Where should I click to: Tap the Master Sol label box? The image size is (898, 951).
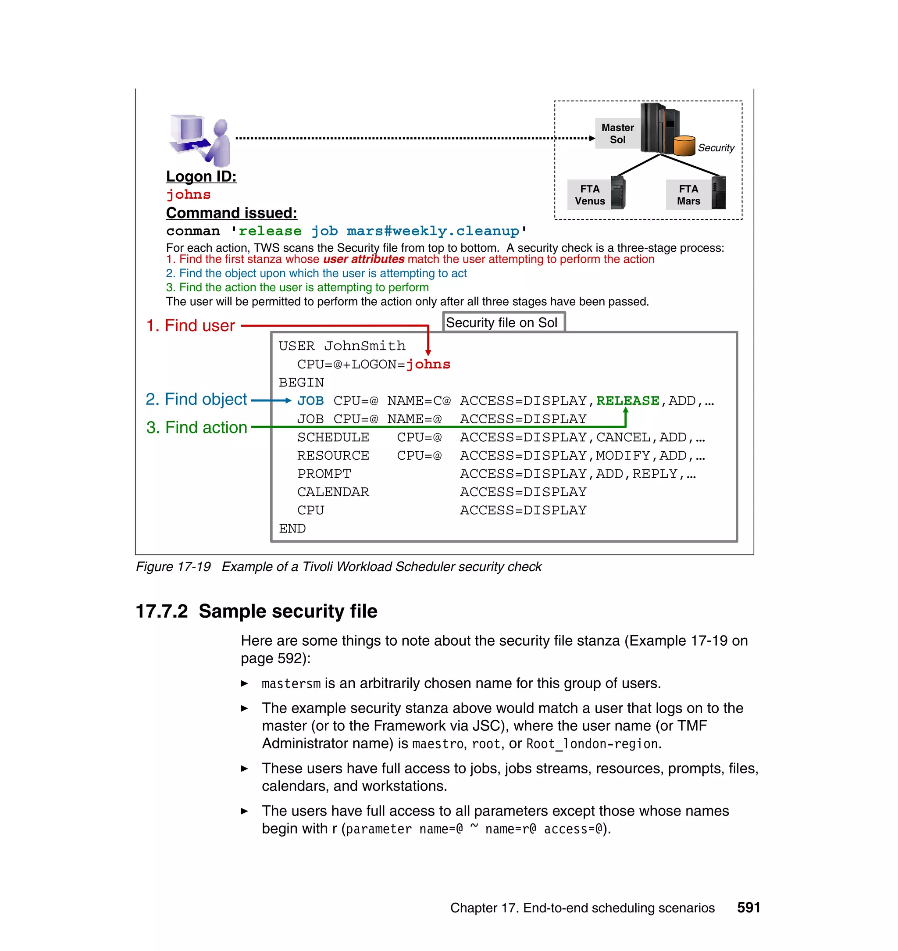(x=617, y=134)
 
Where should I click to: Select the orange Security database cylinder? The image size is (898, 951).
(x=684, y=146)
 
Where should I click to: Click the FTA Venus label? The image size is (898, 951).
(x=589, y=195)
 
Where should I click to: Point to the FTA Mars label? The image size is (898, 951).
(x=688, y=195)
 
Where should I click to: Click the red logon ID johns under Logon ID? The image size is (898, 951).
(x=188, y=194)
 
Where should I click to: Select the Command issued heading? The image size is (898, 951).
(x=231, y=213)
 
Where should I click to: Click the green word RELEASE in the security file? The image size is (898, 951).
(x=627, y=400)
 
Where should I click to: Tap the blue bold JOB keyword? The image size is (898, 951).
(x=310, y=400)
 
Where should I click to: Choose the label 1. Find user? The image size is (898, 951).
(x=190, y=325)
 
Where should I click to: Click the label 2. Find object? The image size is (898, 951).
(x=196, y=399)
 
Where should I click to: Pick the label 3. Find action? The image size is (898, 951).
(x=197, y=427)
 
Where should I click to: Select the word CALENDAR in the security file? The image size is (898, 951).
(x=333, y=492)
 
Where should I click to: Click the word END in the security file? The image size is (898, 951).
(x=292, y=528)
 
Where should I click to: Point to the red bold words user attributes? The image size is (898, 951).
(x=363, y=259)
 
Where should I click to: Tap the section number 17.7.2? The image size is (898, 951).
(x=161, y=611)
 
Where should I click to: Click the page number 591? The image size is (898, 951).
(x=748, y=908)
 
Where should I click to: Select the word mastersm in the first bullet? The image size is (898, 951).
(x=291, y=683)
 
